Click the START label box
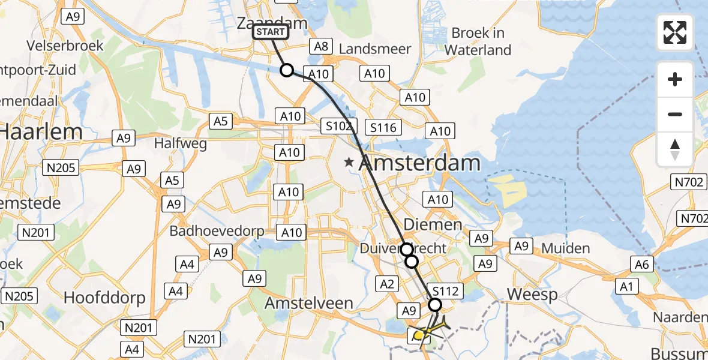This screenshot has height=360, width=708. [271, 32]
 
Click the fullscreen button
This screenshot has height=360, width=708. [675, 32]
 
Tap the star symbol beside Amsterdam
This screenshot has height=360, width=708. [349, 162]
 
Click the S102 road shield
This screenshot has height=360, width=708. [338, 126]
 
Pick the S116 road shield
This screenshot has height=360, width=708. [383, 127]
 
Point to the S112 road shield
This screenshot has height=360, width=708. [445, 292]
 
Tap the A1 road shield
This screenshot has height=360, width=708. [626, 287]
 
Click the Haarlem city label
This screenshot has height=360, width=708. [33, 131]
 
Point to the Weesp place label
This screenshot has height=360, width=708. [532, 295]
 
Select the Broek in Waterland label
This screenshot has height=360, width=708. [478, 41]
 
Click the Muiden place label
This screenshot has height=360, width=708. [565, 248]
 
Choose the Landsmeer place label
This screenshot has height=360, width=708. [375, 49]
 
